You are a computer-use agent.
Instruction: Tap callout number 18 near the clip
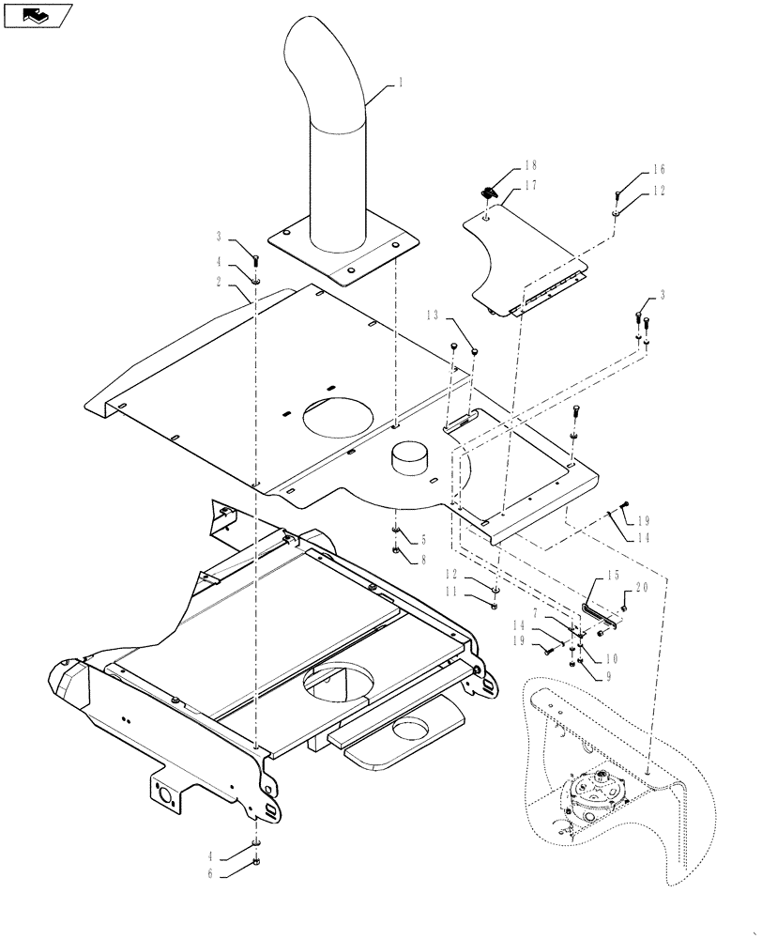(x=531, y=165)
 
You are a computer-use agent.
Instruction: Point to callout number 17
(x=531, y=185)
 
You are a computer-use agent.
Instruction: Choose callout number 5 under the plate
(x=422, y=540)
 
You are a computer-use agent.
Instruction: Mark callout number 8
(x=422, y=560)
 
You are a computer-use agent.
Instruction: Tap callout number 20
(x=641, y=587)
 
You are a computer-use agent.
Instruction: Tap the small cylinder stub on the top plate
(x=410, y=461)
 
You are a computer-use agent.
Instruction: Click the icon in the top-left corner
(x=38, y=16)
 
